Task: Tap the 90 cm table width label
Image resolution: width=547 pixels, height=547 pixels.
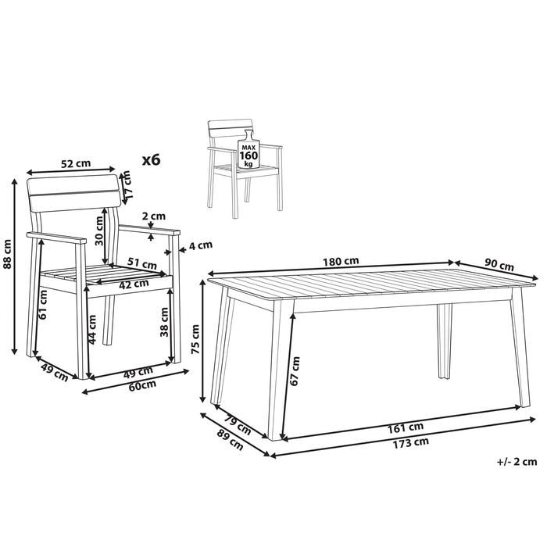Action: pos(499,266)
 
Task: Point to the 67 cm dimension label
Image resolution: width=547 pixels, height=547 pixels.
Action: pos(295,371)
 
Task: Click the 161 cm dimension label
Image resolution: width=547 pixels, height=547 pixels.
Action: pos(406,427)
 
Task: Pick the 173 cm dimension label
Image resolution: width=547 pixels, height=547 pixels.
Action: pos(410,443)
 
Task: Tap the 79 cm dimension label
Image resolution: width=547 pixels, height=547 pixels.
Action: pos(238,424)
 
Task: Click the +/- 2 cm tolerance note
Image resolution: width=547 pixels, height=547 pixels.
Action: pos(517,462)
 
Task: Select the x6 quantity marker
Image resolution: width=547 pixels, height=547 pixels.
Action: pos(152,159)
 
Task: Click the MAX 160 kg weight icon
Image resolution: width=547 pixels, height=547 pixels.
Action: pos(248,150)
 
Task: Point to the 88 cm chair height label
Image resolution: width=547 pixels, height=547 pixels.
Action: pos(8,254)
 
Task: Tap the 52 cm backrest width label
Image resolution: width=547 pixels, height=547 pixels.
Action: pos(76,163)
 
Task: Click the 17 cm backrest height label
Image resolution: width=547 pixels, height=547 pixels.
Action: pos(127,184)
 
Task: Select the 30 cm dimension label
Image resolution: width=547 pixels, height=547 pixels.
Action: pos(99,231)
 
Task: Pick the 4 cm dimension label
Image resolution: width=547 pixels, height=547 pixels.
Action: pos(201,245)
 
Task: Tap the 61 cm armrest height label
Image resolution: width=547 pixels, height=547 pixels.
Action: pos(42,304)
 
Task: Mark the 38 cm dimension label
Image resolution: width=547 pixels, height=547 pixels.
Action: pos(163,322)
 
